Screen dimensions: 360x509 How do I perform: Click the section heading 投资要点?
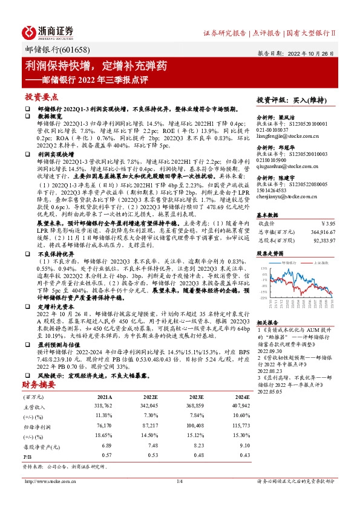click(41, 97)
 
